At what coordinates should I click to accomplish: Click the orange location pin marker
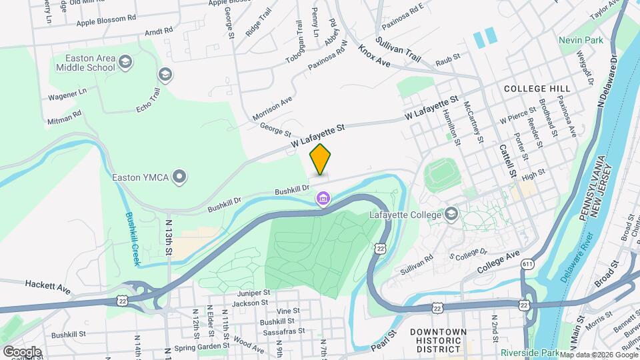coord(321,160)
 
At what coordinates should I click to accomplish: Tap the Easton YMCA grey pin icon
coord(179,177)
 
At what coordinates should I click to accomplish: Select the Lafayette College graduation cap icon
coord(451,214)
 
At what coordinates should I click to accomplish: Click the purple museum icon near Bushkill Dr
coord(323,199)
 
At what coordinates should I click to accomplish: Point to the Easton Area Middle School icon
coord(125,63)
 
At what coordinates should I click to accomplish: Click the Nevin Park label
coord(581,41)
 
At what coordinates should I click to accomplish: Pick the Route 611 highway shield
coord(528,265)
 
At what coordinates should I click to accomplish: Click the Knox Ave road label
coord(374,56)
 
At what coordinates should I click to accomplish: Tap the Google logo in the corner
coord(21,351)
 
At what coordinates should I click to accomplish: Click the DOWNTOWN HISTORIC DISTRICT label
coord(438,340)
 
